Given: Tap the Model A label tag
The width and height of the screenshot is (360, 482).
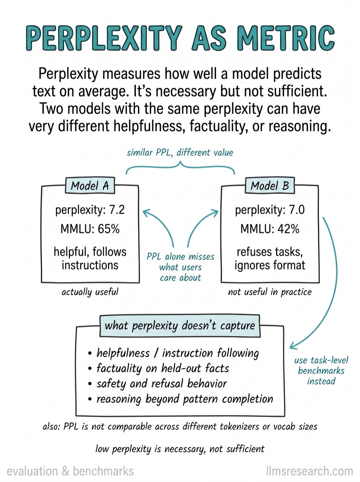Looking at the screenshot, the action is pyautogui.click(x=90, y=185).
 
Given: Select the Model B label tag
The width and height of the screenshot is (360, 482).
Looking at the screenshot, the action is pyautogui.click(x=270, y=185).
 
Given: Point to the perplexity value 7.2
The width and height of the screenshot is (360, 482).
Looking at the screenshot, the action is pyautogui.click(x=117, y=210).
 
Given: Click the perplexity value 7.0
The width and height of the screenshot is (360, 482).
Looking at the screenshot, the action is pyautogui.click(x=297, y=210).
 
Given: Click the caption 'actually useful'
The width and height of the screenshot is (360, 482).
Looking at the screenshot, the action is pyautogui.click(x=90, y=292).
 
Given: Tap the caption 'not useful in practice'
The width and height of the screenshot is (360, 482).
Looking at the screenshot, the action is pyautogui.click(x=270, y=292).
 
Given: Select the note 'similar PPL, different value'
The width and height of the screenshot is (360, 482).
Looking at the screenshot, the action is pyautogui.click(x=180, y=152).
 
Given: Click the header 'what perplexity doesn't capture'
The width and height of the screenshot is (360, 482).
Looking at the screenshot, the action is pyautogui.click(x=180, y=326).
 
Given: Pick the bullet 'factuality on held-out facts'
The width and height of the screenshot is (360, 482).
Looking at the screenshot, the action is pyautogui.click(x=158, y=368).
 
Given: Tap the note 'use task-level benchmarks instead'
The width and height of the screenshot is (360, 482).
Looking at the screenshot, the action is pyautogui.click(x=321, y=371).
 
